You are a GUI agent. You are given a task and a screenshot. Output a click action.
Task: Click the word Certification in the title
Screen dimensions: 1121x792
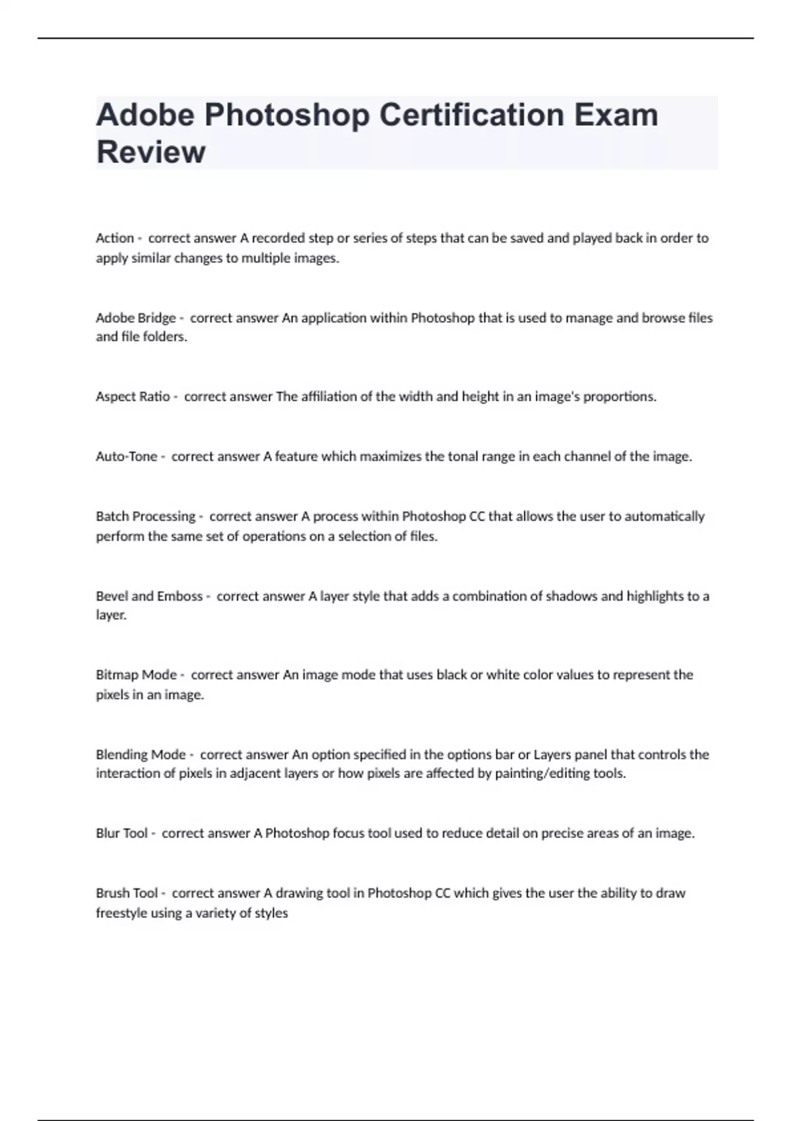[471, 115]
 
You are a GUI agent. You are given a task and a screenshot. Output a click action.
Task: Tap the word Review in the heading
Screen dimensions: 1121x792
[150, 152]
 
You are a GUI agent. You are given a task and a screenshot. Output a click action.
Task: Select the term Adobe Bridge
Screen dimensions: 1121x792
[135, 318]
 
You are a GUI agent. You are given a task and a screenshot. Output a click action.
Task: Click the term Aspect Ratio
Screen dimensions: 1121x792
[133, 397]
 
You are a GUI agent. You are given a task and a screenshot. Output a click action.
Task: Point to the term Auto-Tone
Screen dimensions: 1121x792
[127, 456]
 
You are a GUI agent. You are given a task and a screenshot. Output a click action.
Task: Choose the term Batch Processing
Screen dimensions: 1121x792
[145, 516]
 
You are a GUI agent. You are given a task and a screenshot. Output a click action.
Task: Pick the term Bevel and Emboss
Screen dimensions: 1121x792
[149, 596]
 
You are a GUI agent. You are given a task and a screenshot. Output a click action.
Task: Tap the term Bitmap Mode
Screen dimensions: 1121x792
[136, 675]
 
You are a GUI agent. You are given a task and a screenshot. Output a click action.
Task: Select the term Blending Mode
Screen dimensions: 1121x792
[141, 754]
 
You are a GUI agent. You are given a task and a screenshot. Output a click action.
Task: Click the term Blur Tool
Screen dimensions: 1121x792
[121, 833]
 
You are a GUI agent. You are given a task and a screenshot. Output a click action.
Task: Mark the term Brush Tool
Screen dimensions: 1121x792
[127, 894]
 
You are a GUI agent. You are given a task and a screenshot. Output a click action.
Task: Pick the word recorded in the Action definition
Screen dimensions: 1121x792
[279, 238]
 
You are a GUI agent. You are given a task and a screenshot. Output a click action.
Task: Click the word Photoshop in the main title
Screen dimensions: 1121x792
[287, 115]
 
